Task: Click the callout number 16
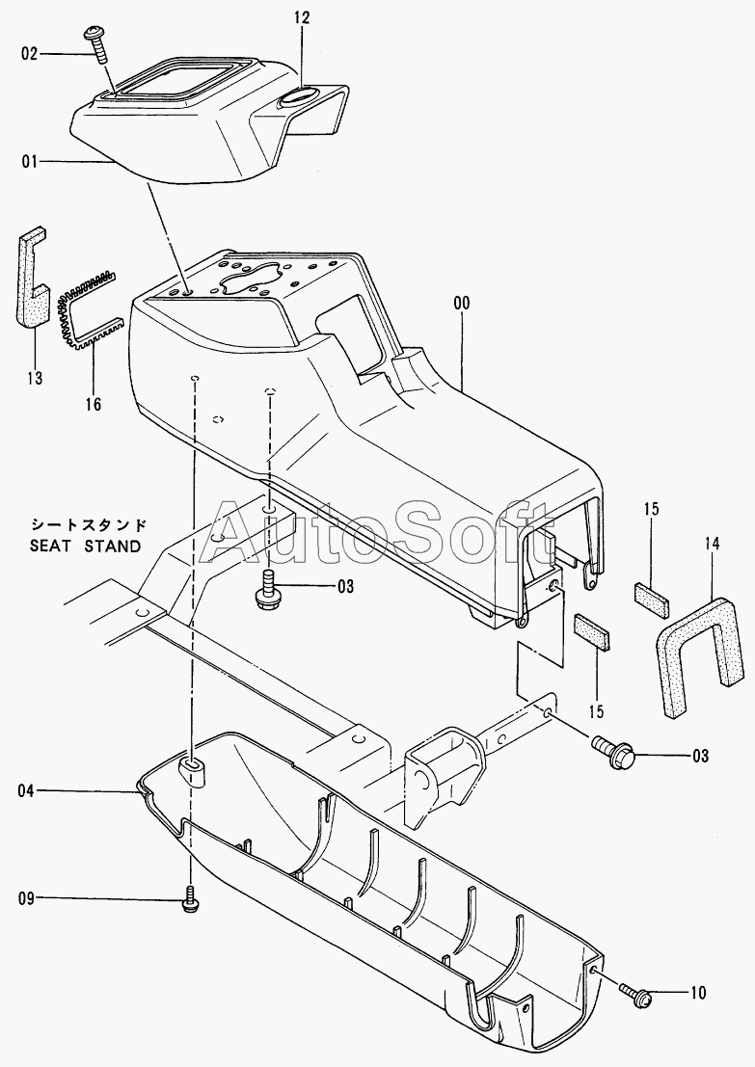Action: pyautogui.click(x=93, y=404)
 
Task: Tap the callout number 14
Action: pyautogui.click(x=712, y=544)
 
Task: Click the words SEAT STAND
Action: pyautogui.click(x=85, y=546)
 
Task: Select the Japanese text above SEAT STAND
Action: pyautogui.click(x=88, y=526)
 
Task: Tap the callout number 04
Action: pyautogui.click(x=26, y=790)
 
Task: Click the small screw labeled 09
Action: pyautogui.click(x=191, y=898)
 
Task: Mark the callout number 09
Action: pyautogui.click(x=26, y=898)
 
